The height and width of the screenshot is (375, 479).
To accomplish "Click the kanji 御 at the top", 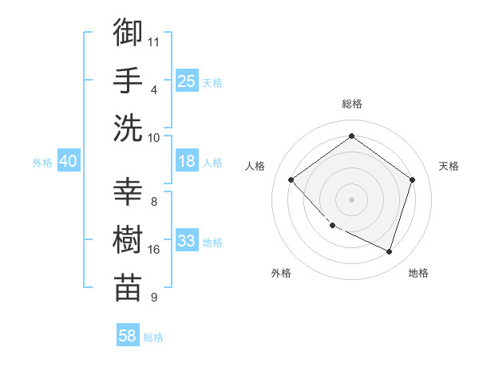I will click(128, 34).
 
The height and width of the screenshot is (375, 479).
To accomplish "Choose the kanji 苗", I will click(128, 286).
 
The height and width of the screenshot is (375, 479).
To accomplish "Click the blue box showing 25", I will click(186, 81).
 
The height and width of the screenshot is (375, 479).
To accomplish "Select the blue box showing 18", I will click(186, 161).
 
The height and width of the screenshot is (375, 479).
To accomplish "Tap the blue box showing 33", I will click(186, 241).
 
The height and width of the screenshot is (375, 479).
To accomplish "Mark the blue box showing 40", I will click(68, 161).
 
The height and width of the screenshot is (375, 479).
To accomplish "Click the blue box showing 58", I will click(128, 336).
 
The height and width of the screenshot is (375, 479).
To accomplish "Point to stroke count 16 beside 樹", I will click(154, 250).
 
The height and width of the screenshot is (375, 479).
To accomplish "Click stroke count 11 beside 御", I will click(154, 41).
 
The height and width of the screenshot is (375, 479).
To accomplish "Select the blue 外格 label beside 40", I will click(42, 162).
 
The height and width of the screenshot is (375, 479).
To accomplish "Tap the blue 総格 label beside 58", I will click(153, 337).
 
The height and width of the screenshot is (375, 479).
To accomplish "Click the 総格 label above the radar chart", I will click(351, 104).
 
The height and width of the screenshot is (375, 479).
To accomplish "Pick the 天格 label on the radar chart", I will click(449, 166).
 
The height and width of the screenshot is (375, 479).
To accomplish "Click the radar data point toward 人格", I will click(291, 180).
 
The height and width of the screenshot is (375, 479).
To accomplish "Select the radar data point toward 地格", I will click(389, 252).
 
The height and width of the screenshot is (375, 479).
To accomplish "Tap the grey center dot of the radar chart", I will click(351, 199).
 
